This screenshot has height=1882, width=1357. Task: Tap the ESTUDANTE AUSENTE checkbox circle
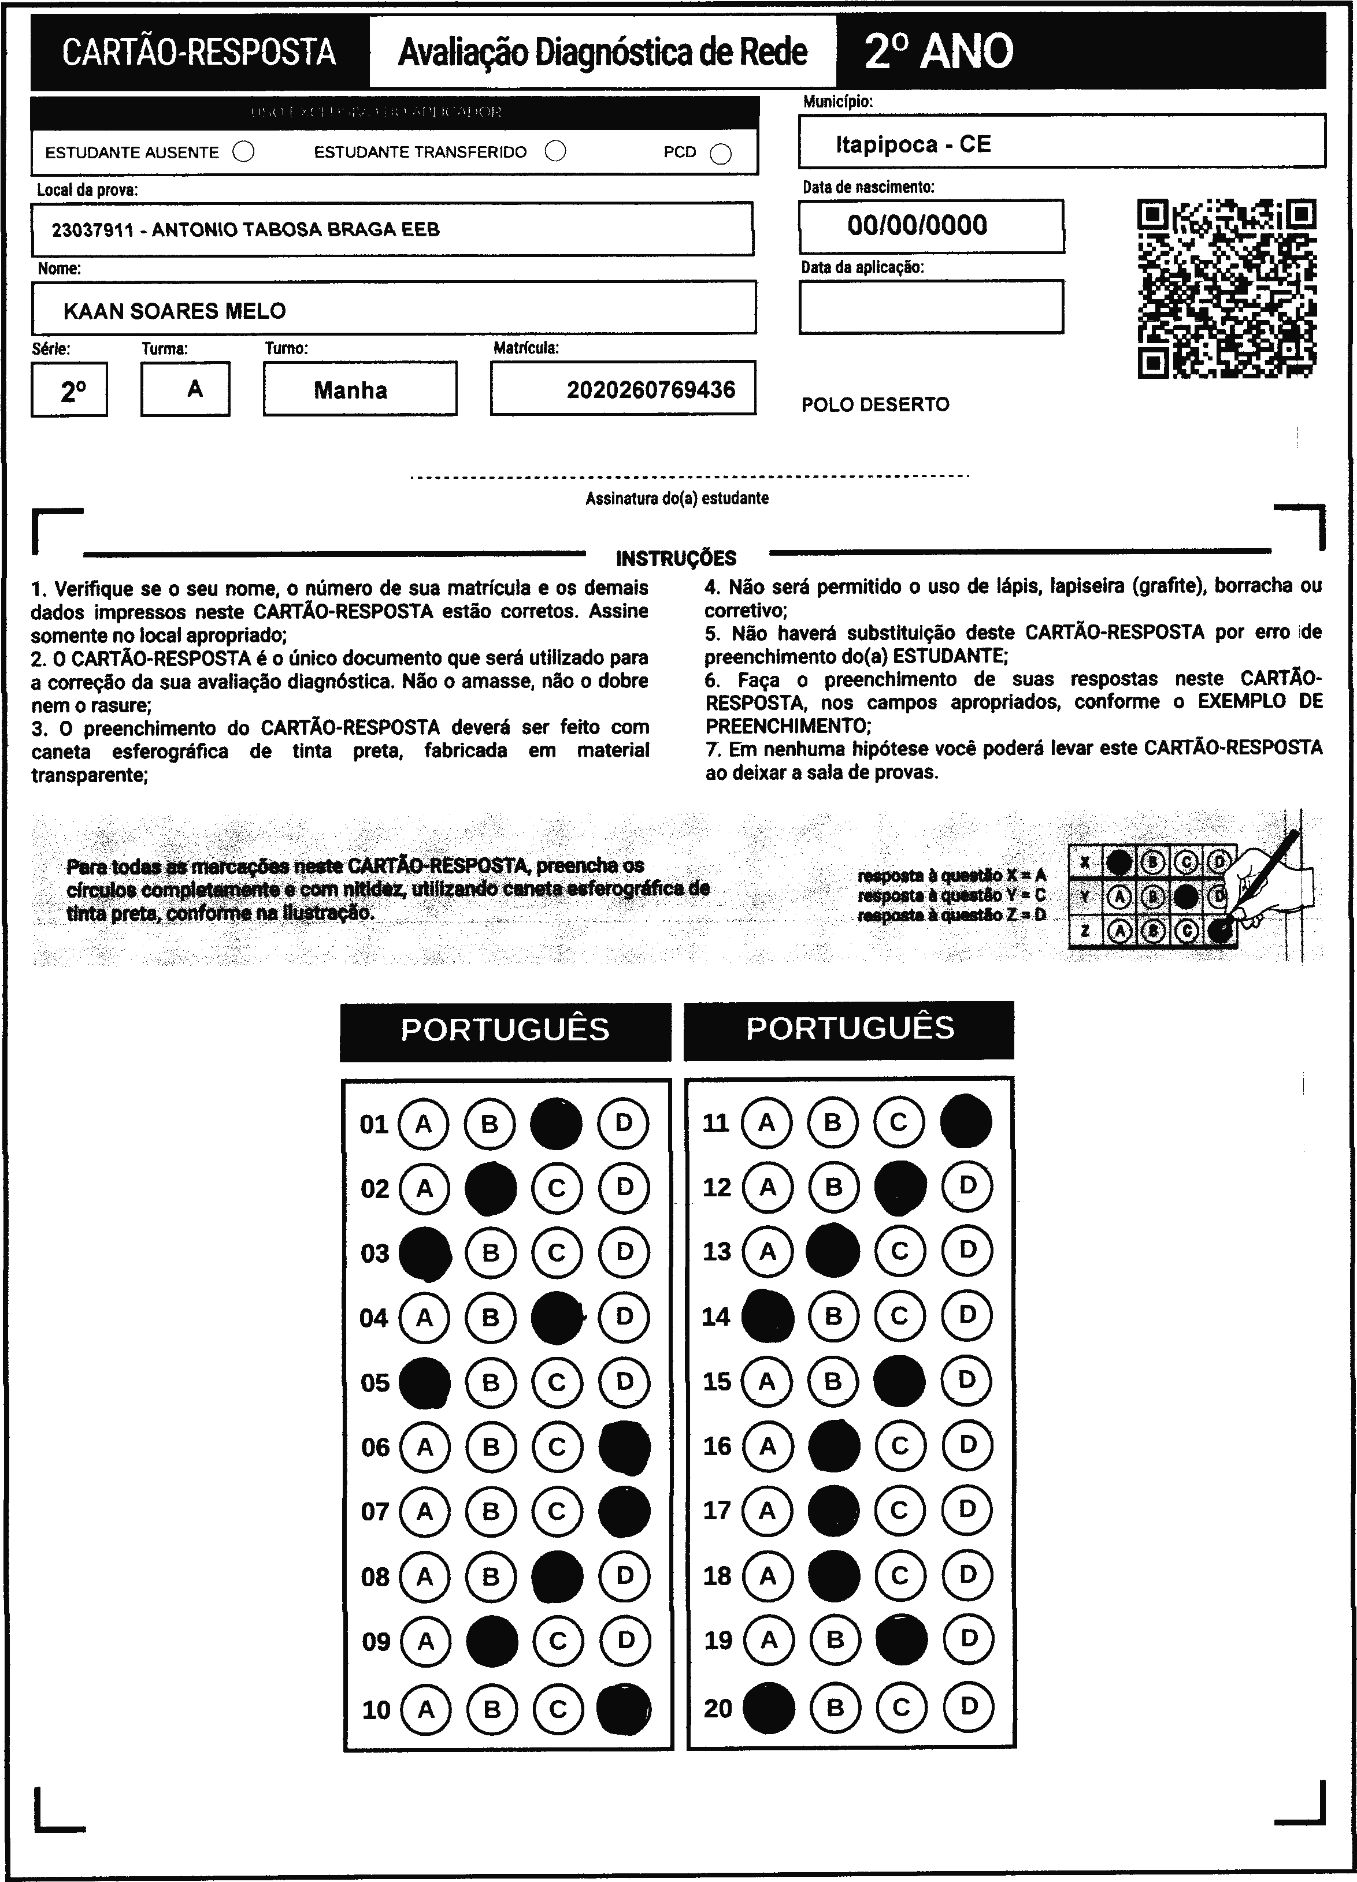click(x=243, y=152)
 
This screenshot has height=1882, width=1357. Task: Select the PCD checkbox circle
click(x=721, y=154)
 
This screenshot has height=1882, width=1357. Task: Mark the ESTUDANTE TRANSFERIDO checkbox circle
click(x=555, y=151)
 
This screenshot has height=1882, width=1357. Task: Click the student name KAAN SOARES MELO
click(x=175, y=311)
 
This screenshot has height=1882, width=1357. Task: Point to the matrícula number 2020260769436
click(x=651, y=390)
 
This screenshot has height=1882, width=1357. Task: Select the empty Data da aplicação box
click(x=930, y=307)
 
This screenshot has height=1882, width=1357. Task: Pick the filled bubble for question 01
click(x=556, y=1124)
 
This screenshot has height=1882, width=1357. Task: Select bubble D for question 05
click(x=624, y=1382)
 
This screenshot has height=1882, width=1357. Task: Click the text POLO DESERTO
click(x=875, y=405)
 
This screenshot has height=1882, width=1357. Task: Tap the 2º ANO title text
click(x=938, y=51)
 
